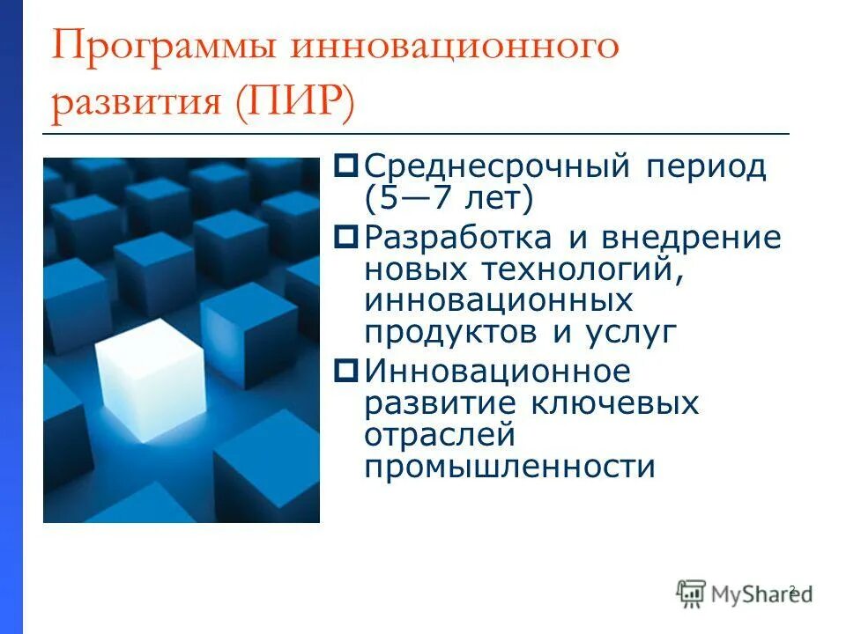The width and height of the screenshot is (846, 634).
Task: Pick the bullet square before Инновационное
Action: [x=347, y=370]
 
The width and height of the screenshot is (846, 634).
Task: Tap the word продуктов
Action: [x=453, y=333]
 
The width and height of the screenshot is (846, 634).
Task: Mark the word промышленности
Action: [x=510, y=467]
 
